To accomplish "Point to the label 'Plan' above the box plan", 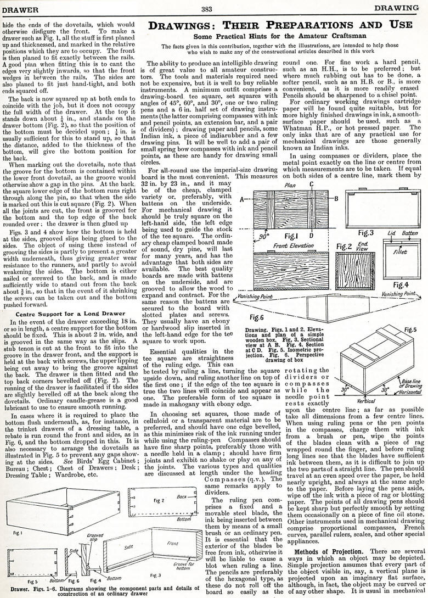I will pyautogui.click(x=291, y=185).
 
